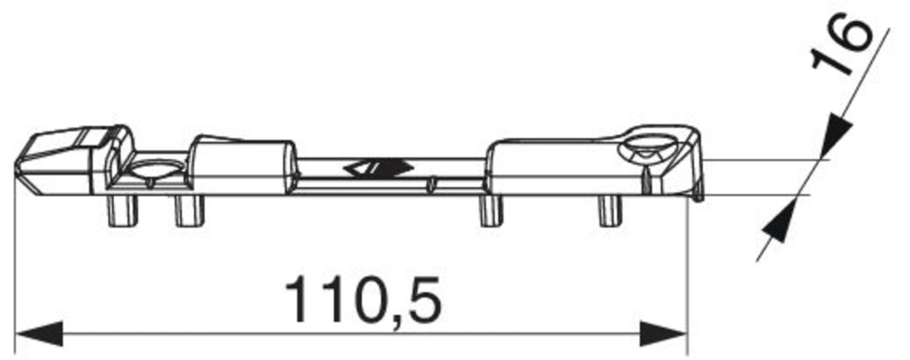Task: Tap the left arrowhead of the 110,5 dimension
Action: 40,334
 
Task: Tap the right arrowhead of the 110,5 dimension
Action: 663,334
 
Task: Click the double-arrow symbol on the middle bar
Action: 378,168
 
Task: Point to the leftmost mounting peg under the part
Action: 121,211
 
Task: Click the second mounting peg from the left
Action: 190,211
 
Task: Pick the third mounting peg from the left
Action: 491,211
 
